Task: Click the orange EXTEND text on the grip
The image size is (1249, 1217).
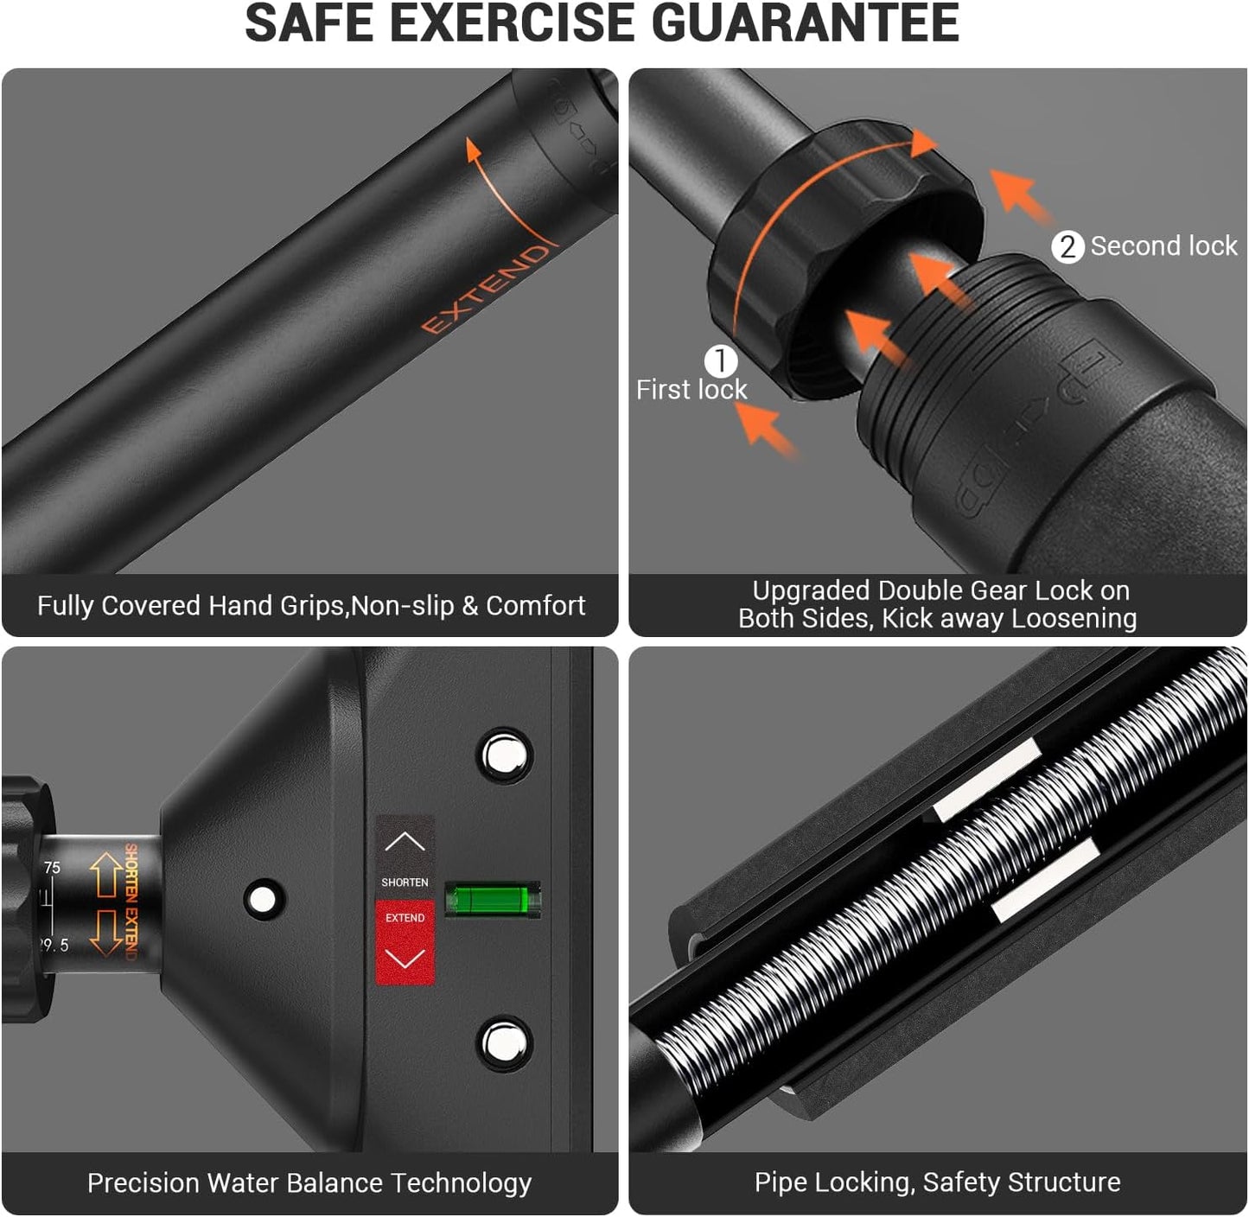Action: [x=486, y=289]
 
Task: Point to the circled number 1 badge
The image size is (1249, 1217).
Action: [x=720, y=360]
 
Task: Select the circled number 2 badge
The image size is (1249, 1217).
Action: [x=1067, y=247]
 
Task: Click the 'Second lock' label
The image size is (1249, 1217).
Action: [x=1163, y=246]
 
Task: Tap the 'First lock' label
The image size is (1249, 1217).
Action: [x=691, y=390]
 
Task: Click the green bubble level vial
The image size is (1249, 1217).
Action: [x=493, y=900]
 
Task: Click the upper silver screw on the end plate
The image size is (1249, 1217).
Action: [x=506, y=755]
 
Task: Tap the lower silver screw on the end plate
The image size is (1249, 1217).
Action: [x=506, y=1043]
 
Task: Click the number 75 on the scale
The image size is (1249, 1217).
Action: [x=52, y=868]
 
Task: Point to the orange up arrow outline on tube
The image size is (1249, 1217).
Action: [x=105, y=874]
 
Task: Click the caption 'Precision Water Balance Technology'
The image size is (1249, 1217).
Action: [x=309, y=1182]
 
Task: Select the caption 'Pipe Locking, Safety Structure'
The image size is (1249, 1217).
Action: [x=937, y=1182]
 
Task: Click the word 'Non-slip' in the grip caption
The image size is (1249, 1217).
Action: [x=402, y=606]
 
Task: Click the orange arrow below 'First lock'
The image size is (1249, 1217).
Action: [x=764, y=428]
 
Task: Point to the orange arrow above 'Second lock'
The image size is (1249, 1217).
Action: [x=1019, y=196]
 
